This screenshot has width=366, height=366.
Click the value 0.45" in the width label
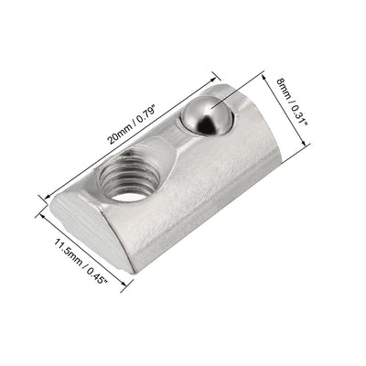99,275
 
